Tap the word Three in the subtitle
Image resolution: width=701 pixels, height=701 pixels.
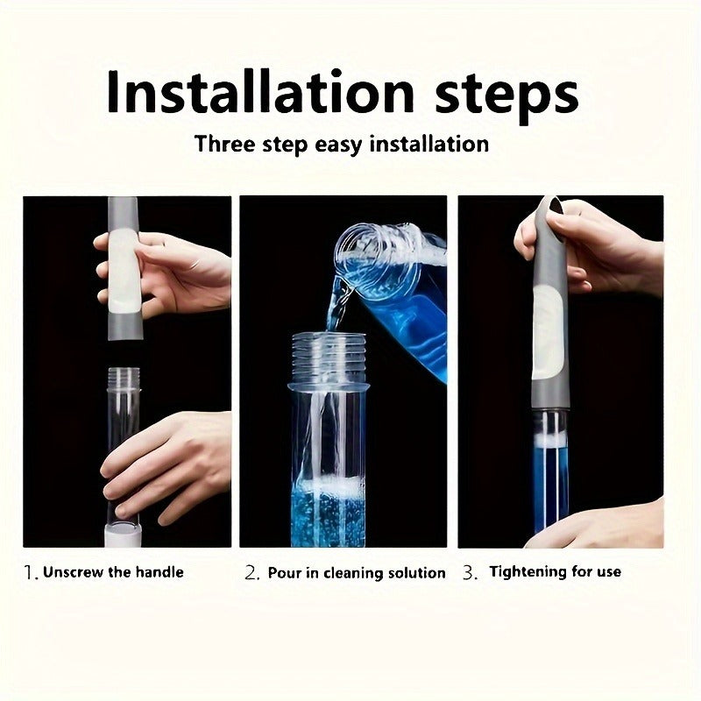(x=225, y=143)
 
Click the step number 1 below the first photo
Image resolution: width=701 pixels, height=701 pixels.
(x=30, y=573)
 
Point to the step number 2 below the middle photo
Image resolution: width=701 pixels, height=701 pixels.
(x=251, y=573)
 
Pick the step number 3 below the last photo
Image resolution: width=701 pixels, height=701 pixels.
(x=470, y=573)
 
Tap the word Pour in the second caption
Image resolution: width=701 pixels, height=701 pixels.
(x=284, y=573)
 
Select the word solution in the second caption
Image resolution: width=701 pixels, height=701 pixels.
(x=413, y=573)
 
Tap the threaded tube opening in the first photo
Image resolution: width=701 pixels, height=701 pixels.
(x=124, y=379)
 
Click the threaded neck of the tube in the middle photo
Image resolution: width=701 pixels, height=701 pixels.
(x=328, y=350)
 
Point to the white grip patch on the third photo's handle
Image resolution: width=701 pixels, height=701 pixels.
(x=547, y=329)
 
